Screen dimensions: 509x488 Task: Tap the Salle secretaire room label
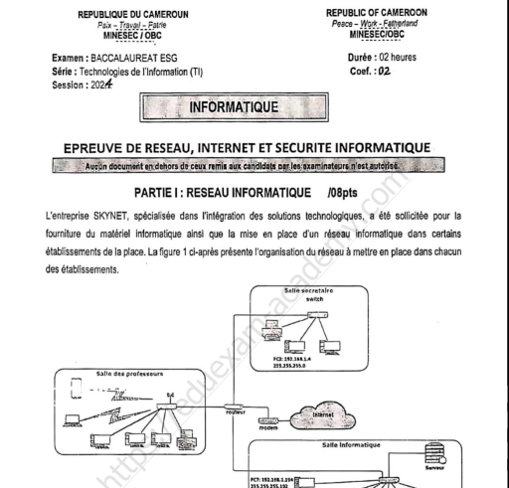pyautogui.click(x=309, y=291)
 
